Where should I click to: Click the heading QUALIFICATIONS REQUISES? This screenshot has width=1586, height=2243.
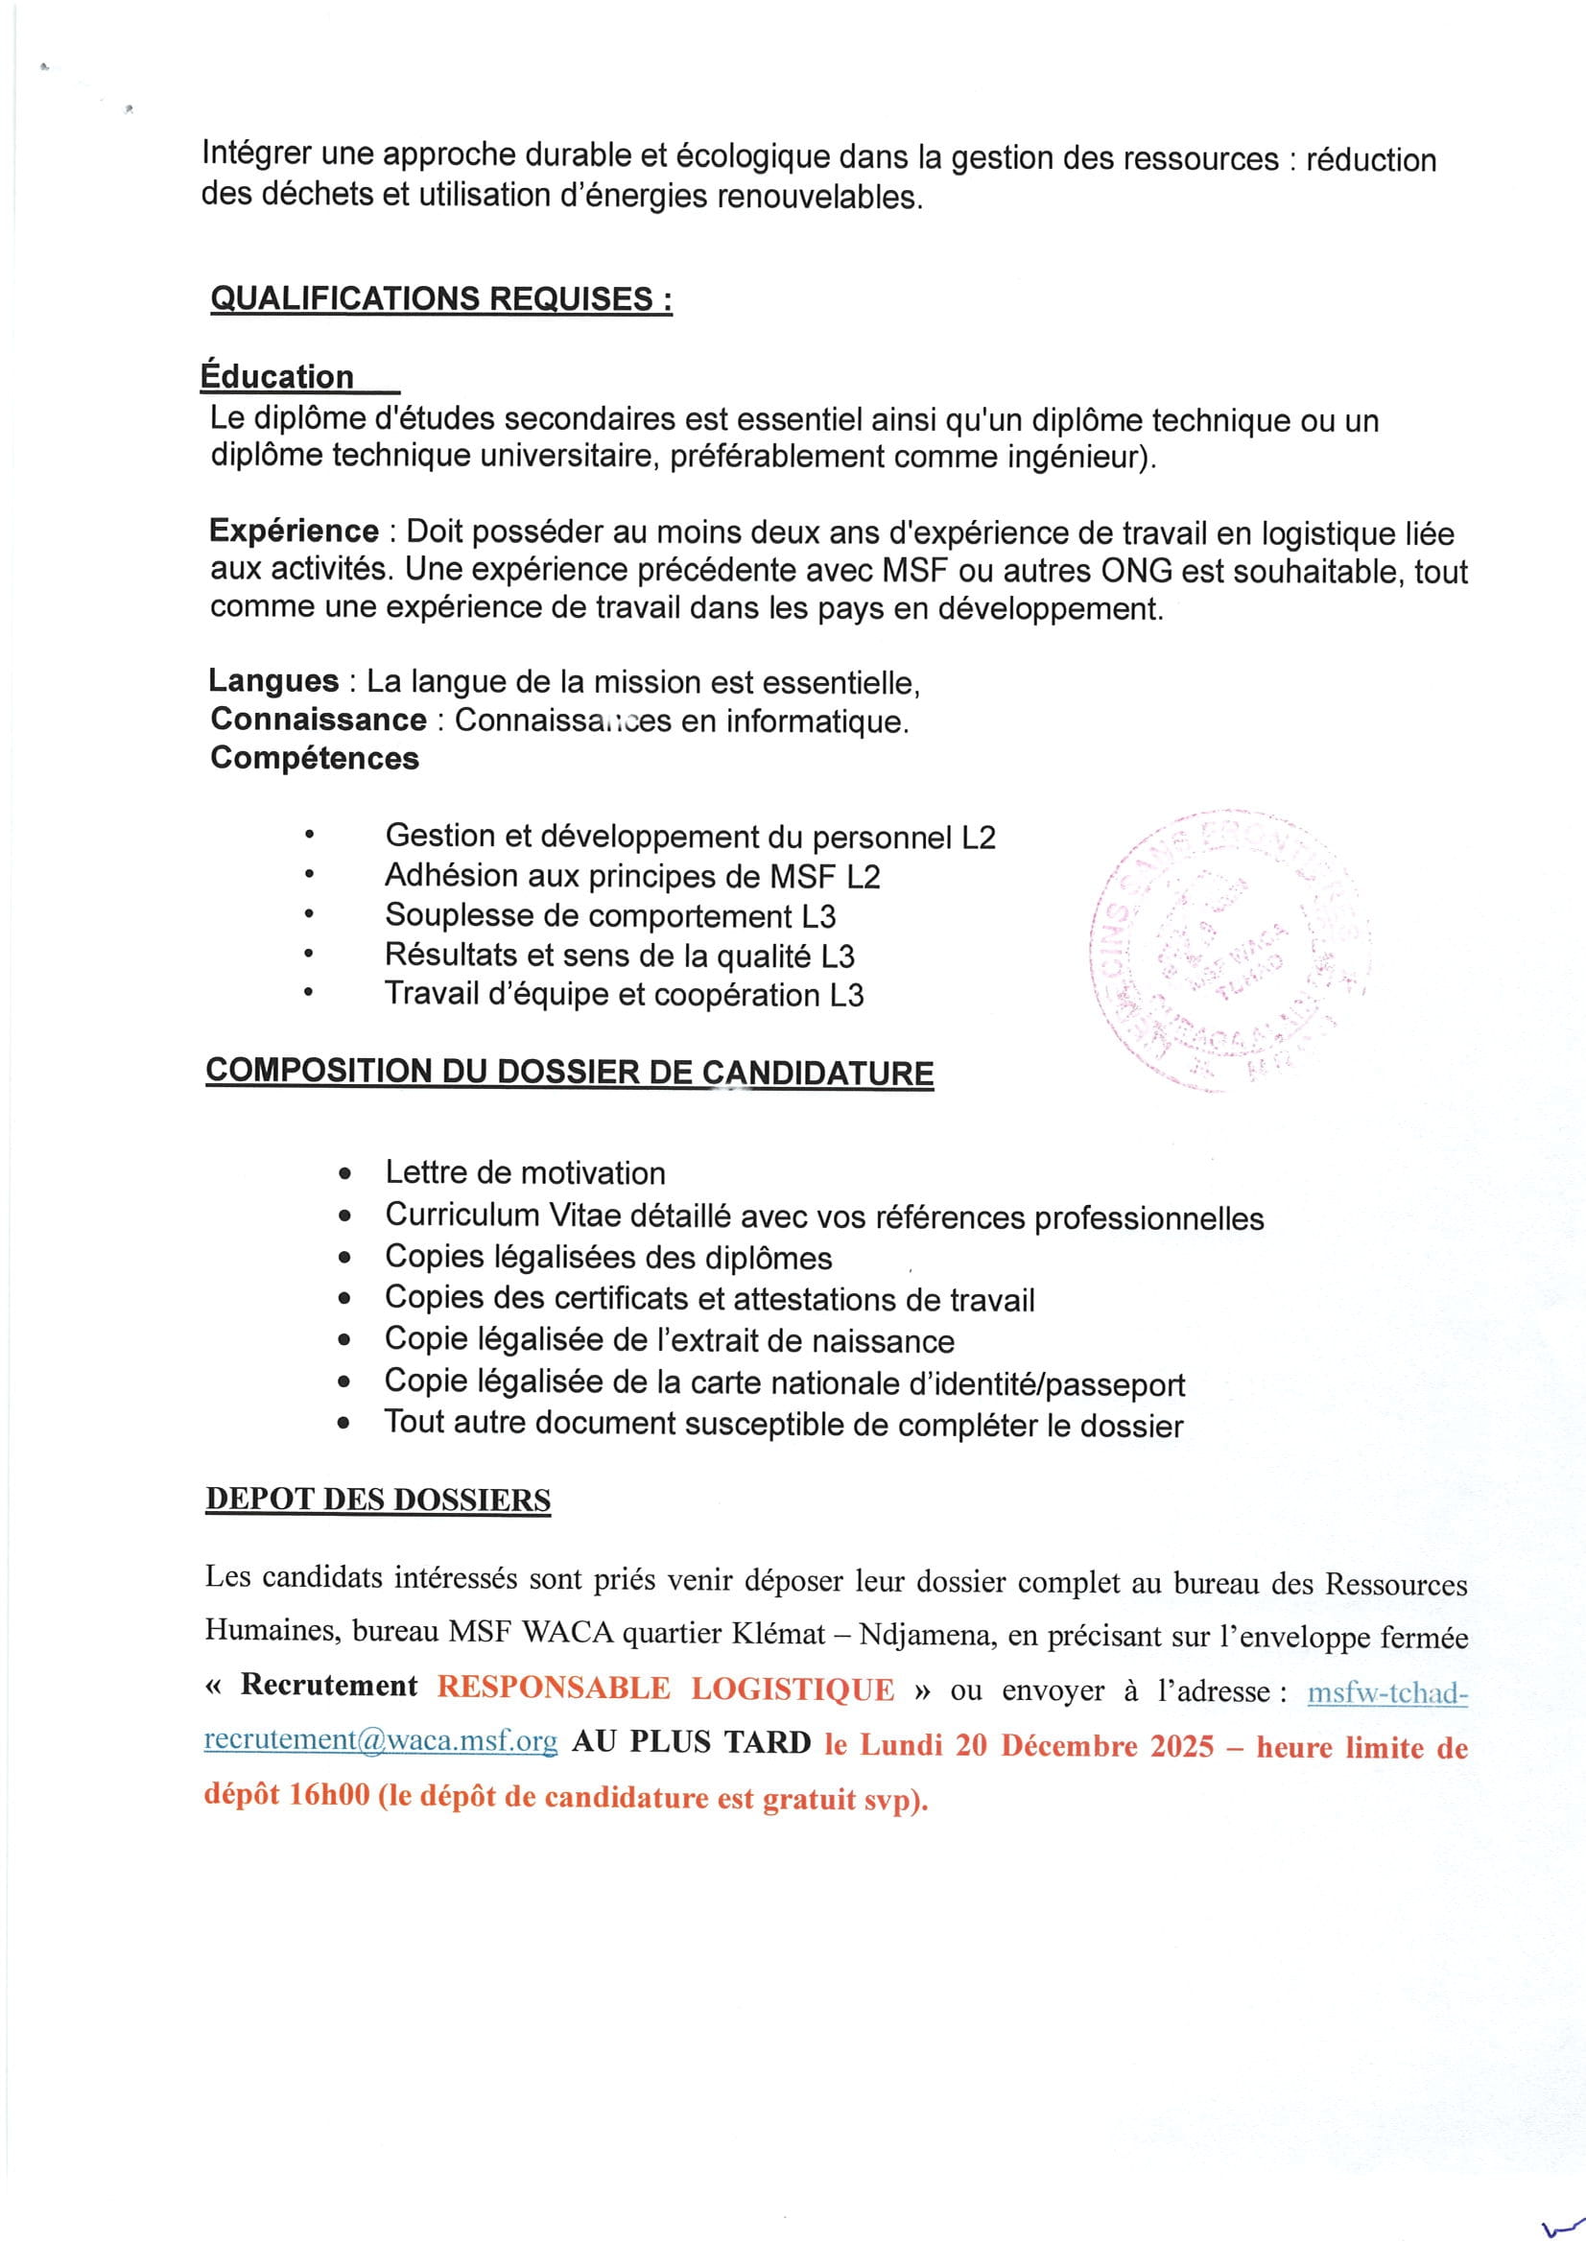(x=440, y=298)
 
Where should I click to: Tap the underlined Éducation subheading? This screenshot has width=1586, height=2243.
(x=277, y=376)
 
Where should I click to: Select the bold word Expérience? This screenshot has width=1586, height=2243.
(x=294, y=531)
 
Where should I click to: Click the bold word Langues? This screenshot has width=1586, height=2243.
(x=272, y=680)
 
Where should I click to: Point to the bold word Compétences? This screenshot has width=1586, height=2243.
(x=314, y=757)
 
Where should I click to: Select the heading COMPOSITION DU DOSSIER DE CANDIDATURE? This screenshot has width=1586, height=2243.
(x=569, y=1072)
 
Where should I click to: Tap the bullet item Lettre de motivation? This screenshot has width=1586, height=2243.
(x=525, y=1172)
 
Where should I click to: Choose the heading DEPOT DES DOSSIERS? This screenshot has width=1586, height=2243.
(x=377, y=1499)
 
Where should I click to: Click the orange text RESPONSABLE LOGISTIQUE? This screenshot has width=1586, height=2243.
(x=665, y=1689)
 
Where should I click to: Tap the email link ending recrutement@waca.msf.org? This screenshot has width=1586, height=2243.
(x=381, y=1741)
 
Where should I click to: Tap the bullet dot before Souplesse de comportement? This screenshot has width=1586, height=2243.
(x=308, y=915)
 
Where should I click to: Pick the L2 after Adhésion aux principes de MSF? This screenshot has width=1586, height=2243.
(x=863, y=876)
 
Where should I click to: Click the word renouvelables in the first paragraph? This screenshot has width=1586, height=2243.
(x=817, y=198)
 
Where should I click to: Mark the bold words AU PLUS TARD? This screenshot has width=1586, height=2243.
(x=691, y=1742)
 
